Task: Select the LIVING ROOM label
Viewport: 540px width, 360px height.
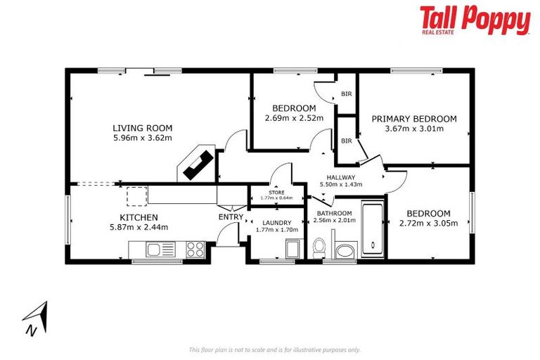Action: tap(143, 128)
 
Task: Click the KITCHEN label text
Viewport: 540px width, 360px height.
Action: tap(139, 217)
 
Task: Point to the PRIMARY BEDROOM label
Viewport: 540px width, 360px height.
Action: tap(414, 119)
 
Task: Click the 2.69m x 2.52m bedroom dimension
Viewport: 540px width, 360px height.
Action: tap(294, 118)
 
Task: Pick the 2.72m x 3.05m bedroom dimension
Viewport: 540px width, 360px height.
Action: tap(428, 224)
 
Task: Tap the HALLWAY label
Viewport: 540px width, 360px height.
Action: tap(341, 177)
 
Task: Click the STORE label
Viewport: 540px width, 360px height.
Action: tap(276, 192)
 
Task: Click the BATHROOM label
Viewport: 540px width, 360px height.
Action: tap(334, 213)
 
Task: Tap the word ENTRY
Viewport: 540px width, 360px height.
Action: tap(230, 217)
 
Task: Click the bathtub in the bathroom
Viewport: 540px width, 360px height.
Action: tap(371, 230)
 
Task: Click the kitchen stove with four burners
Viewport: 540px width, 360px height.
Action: tap(194, 248)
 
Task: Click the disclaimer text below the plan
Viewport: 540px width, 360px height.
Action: tap(274, 349)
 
